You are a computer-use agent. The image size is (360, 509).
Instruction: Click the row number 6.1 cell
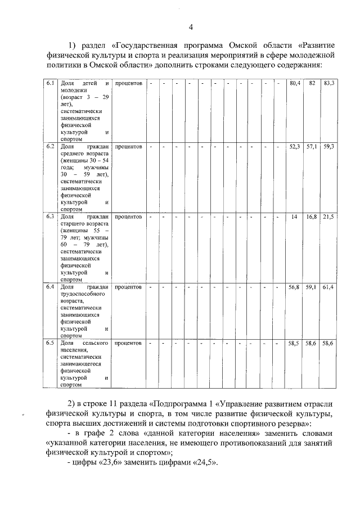click(x=50, y=83)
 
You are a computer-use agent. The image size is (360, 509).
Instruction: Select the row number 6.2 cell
click(x=50, y=146)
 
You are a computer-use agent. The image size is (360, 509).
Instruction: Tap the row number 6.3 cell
click(x=50, y=217)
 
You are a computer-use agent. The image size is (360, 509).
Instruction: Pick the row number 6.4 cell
click(x=50, y=287)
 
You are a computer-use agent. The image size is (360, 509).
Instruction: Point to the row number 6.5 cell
click(x=50, y=343)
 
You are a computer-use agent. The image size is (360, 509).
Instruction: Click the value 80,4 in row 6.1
click(x=294, y=83)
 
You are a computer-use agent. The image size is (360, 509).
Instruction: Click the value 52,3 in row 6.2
click(x=294, y=146)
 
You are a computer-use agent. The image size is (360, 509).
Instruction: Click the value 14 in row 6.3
click(x=294, y=217)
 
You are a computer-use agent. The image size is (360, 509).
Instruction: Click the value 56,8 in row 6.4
click(x=294, y=287)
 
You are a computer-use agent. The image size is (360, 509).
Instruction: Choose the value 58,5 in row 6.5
click(x=294, y=343)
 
